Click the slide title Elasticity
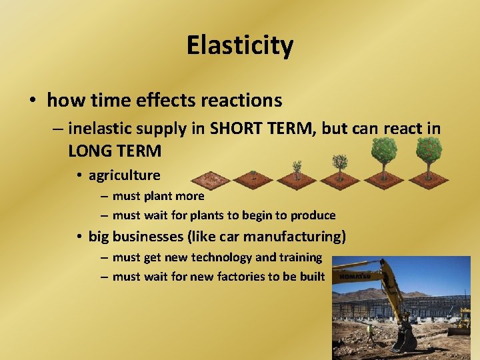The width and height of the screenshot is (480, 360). [239, 46]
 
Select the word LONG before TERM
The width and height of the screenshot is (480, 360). [91, 151]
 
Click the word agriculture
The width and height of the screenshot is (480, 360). [124, 175]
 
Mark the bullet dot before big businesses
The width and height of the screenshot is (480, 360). [79, 237]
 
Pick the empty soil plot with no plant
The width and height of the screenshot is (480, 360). [210, 179]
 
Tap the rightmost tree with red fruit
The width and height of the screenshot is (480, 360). [428, 155]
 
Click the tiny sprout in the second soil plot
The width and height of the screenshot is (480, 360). [254, 175]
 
